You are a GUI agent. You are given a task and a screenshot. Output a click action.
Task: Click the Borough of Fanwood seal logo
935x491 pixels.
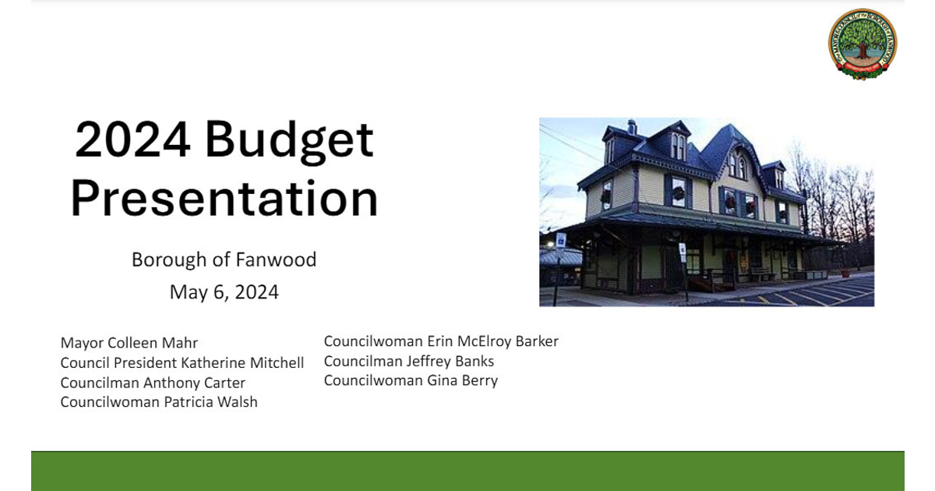pyautogui.click(x=863, y=44)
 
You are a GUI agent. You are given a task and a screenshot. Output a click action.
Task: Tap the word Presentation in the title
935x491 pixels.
pyautogui.click(x=224, y=198)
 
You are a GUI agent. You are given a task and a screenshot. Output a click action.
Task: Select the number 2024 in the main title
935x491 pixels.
pyautogui.click(x=132, y=139)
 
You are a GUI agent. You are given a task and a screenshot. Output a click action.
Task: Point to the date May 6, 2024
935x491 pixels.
pyautogui.click(x=224, y=292)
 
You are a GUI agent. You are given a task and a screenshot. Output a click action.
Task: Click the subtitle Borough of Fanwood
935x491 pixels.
pyautogui.click(x=224, y=260)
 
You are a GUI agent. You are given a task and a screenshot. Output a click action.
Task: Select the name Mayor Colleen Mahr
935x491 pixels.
pyautogui.click(x=129, y=343)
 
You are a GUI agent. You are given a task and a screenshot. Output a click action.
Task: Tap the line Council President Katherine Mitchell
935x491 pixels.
pyautogui.click(x=182, y=363)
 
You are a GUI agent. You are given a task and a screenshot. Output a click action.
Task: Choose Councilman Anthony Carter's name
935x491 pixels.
pyautogui.click(x=153, y=383)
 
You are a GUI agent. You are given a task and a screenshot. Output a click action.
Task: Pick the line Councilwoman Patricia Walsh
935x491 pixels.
pyautogui.click(x=159, y=402)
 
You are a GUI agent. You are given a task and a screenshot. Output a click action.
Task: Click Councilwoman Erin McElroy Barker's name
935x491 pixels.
pyautogui.click(x=441, y=341)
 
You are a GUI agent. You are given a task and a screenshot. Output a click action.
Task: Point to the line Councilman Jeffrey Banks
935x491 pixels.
pyautogui.click(x=409, y=361)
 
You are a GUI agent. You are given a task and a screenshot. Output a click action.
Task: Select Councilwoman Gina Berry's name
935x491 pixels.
pyautogui.click(x=411, y=380)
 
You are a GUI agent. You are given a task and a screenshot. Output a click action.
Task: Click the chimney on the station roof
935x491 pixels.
pyautogui.click(x=632, y=127)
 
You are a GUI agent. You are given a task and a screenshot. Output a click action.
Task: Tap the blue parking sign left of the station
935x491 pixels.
pyautogui.click(x=561, y=241)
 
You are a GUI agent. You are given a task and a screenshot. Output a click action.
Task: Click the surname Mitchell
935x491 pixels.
pyautogui.click(x=277, y=363)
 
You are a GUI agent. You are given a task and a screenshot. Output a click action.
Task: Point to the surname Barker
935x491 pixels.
pyautogui.click(x=537, y=341)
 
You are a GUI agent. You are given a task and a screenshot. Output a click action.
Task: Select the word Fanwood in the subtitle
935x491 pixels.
pyautogui.click(x=277, y=260)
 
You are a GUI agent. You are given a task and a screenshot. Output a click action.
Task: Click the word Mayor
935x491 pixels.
pyautogui.click(x=82, y=344)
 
